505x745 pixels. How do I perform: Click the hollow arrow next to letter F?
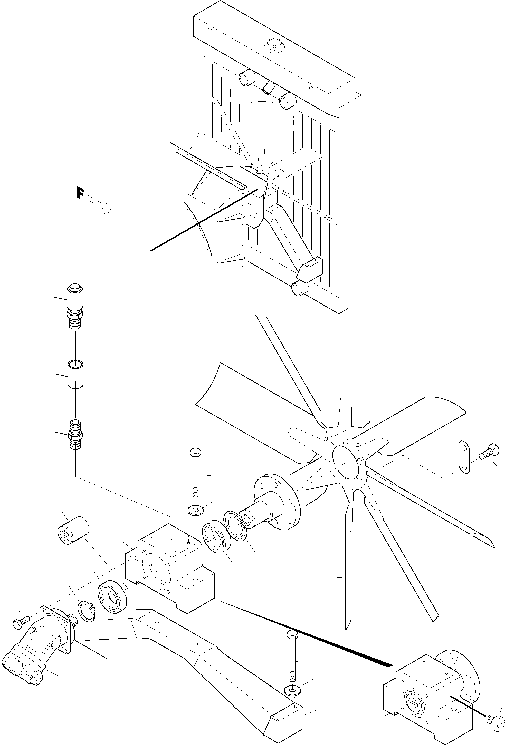tap(100, 204)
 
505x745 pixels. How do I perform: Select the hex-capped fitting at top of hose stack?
tap(75, 300)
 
